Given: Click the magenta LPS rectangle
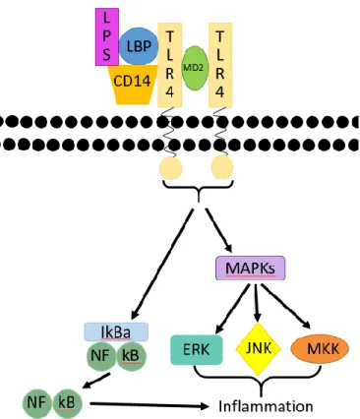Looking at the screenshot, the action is pyautogui.click(x=107, y=36).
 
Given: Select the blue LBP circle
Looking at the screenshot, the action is pyautogui.click(x=139, y=46).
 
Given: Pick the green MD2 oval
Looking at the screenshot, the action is pyautogui.click(x=195, y=68).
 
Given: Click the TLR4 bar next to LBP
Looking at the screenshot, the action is pyautogui.click(x=170, y=65).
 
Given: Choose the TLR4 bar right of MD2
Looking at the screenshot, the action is pyautogui.click(x=220, y=65).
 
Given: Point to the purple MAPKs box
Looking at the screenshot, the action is pyautogui.click(x=250, y=269).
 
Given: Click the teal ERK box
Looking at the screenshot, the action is pyautogui.click(x=197, y=349).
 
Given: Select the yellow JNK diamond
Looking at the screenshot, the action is pyautogui.click(x=259, y=349).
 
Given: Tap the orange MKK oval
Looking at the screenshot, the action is pyautogui.click(x=320, y=349).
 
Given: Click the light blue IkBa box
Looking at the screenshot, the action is pyautogui.click(x=116, y=332).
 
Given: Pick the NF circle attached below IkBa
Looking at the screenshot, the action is pyautogui.click(x=101, y=356).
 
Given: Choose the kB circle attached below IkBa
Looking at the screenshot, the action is pyautogui.click(x=131, y=356).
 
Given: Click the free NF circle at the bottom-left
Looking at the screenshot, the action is pyautogui.click(x=37, y=403).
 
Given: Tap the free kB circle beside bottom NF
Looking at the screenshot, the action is pyautogui.click(x=67, y=403).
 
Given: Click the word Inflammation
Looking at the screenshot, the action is pyautogui.click(x=266, y=406).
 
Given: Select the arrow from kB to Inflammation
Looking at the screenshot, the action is pyautogui.click(x=150, y=405).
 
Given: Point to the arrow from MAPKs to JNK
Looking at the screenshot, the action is pyautogui.click(x=257, y=303).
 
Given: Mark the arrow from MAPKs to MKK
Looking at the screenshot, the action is pyautogui.click(x=286, y=306).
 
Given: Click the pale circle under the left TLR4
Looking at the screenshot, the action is pyautogui.click(x=170, y=168).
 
